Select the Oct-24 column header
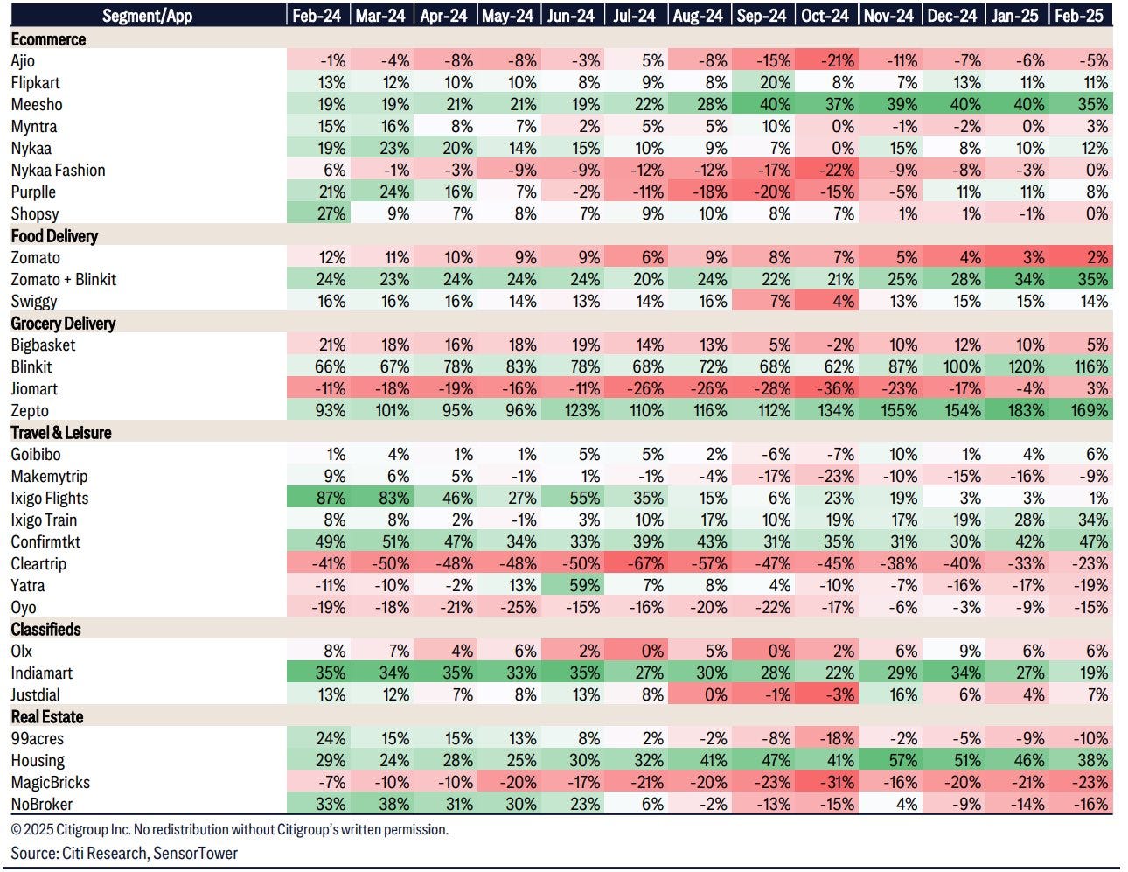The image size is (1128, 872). (x=825, y=16)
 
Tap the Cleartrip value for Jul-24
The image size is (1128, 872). (x=636, y=564)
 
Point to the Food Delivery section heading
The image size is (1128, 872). (x=54, y=236)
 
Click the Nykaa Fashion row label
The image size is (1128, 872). (x=58, y=171)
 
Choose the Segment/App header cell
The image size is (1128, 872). (x=146, y=16)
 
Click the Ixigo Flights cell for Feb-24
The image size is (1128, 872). (x=320, y=499)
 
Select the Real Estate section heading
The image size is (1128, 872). (x=47, y=717)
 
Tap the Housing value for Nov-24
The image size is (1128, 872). (x=892, y=761)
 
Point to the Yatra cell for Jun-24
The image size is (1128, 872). (x=573, y=586)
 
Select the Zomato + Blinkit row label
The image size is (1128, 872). (x=64, y=280)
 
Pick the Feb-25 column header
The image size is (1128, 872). (x=1079, y=16)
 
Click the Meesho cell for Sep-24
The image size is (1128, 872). (x=764, y=105)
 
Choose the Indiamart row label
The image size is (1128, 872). (x=42, y=673)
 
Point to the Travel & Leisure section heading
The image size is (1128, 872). (x=61, y=433)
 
